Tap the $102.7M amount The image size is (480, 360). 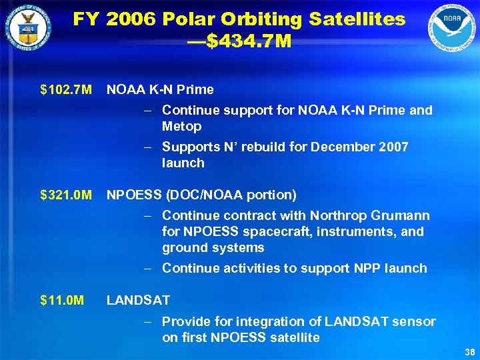tap(65, 89)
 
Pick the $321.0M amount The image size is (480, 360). tap(65, 195)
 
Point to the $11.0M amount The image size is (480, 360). tap(62, 301)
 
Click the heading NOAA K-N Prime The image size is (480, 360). tap(160, 89)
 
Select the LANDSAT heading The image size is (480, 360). tap(138, 301)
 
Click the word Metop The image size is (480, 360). tap(181, 126)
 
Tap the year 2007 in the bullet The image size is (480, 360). tap(393, 147)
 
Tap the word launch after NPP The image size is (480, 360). tap(404, 269)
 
